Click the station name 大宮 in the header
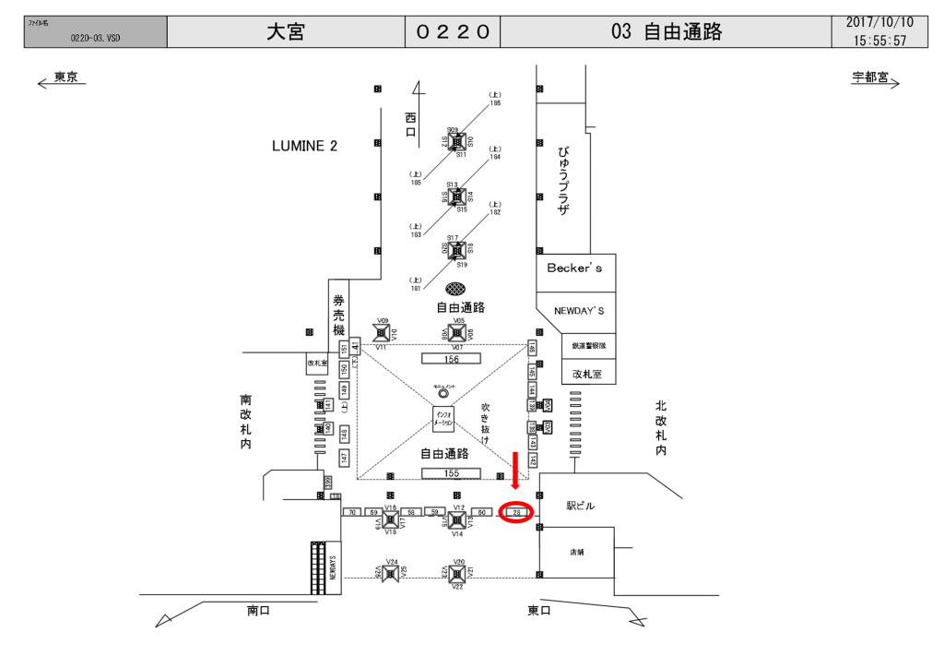click(286, 32)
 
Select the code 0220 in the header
click(453, 32)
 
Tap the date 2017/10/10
click(880, 22)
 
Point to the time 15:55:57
click(880, 41)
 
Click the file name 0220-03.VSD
click(95, 39)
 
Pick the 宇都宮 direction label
click(869, 78)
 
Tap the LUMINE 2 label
click(304, 146)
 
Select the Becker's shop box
click(575, 268)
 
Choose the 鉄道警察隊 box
click(588, 345)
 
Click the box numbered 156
click(451, 358)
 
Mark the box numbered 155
click(451, 473)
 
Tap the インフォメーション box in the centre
click(444, 419)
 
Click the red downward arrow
click(515, 471)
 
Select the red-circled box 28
click(517, 512)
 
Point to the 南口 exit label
click(258, 610)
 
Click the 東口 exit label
click(539, 610)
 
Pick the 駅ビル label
click(581, 507)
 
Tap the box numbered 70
click(350, 512)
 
